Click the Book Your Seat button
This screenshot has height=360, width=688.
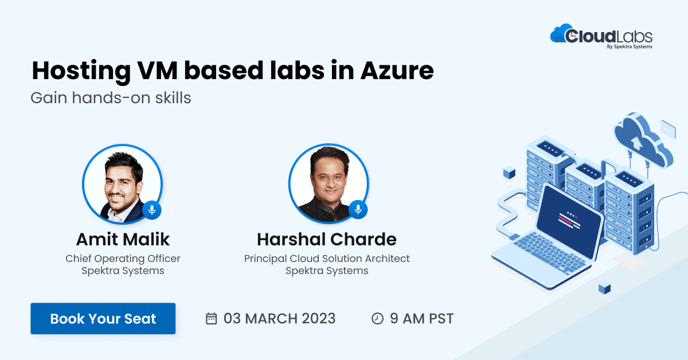(x=103, y=319)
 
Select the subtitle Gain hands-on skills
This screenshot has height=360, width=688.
(x=111, y=98)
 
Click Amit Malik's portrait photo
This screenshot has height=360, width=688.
(x=122, y=183)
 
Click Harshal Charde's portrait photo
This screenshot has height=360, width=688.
(x=329, y=183)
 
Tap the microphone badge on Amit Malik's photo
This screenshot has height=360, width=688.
(x=151, y=210)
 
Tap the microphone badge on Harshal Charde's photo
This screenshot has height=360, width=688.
(x=358, y=210)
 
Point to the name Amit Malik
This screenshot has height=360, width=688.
(x=123, y=239)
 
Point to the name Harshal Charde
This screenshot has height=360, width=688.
(x=327, y=239)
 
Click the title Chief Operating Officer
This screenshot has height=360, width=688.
(x=123, y=259)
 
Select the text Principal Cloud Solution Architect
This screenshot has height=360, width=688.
(x=327, y=259)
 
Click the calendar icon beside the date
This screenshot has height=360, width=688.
(x=212, y=319)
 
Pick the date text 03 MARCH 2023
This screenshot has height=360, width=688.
(x=280, y=319)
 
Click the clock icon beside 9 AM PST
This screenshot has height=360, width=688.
(x=377, y=319)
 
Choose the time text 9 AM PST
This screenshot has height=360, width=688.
(x=422, y=319)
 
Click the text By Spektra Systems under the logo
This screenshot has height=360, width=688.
(x=629, y=47)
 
